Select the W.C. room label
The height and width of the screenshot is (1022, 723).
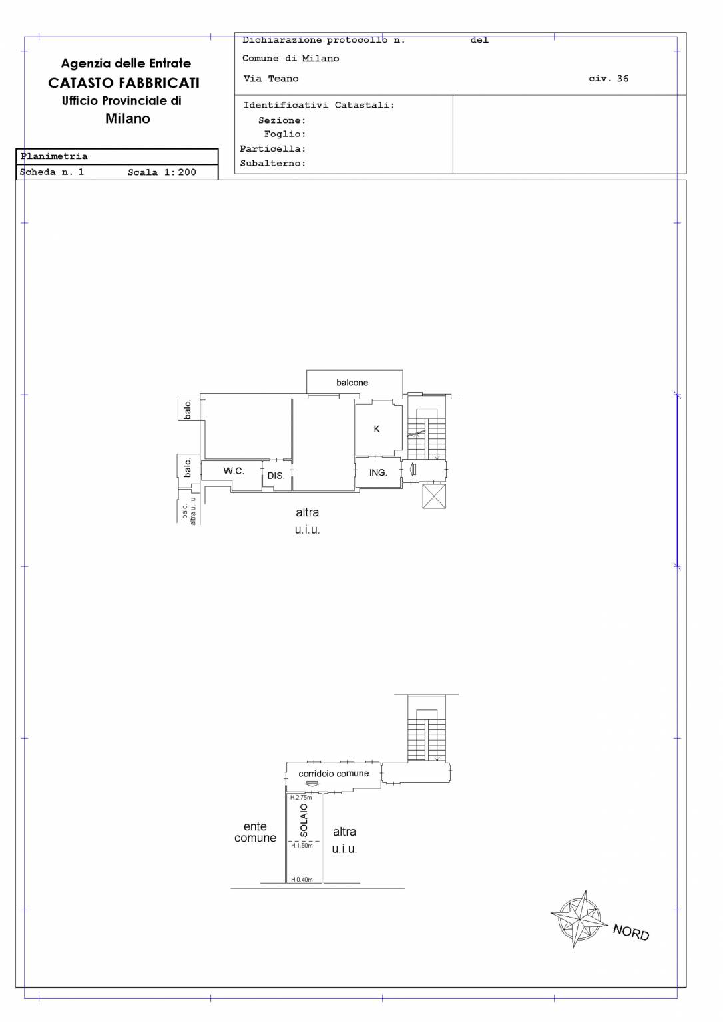pos(234,471)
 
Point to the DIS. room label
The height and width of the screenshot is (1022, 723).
pos(276,476)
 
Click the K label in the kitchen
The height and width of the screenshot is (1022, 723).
pos(377,429)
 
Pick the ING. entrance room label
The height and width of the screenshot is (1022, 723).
pos(378,472)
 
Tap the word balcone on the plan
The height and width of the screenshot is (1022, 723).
pos(352,383)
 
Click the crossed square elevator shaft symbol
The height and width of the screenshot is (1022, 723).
pos(434,496)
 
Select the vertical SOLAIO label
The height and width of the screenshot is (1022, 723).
pos(304,820)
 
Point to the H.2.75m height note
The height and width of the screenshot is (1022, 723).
pos(301,798)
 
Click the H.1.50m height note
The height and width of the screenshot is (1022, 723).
pos(302,846)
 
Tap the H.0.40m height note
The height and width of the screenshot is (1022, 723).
pos(302,879)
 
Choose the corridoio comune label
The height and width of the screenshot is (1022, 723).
pos(334,774)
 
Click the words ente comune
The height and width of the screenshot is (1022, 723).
pos(255,832)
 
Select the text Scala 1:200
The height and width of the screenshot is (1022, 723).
pos(162,172)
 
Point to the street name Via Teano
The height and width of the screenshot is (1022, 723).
pos(271,79)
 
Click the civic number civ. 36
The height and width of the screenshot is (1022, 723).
pos(608,78)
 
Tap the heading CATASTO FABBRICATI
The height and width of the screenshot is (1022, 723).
pos(124,83)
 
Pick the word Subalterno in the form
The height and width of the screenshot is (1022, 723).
pos(272,163)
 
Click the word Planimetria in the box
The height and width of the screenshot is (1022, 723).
pos(54,156)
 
